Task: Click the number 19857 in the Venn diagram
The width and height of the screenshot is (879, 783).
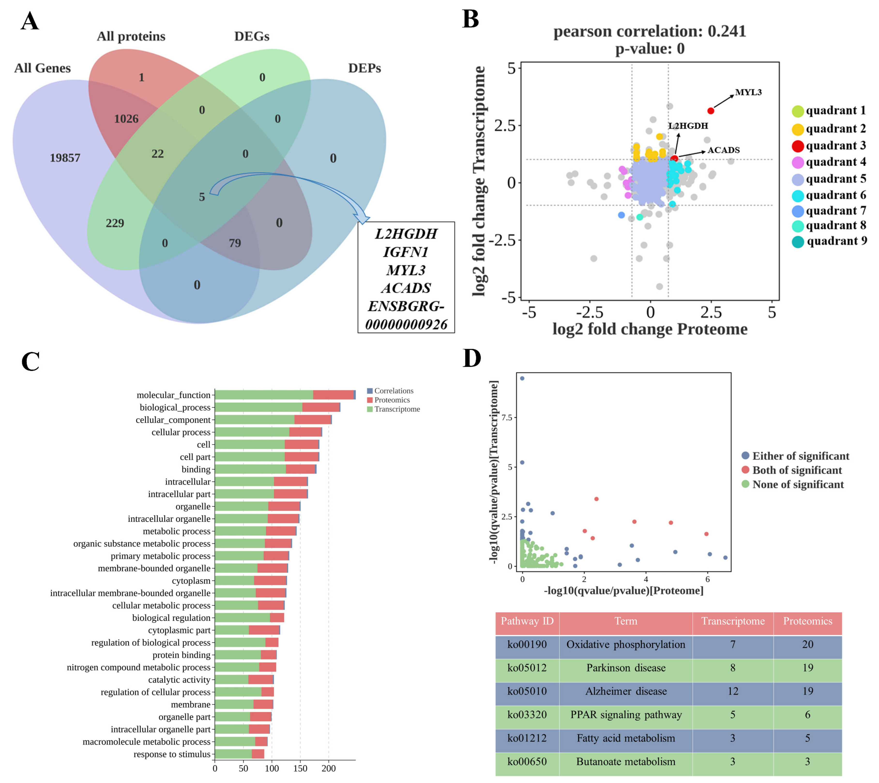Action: (x=65, y=158)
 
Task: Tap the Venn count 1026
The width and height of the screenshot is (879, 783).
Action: (x=126, y=119)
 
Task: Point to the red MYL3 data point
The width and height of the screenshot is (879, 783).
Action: (x=711, y=111)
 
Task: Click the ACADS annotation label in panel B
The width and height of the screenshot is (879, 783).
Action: (x=724, y=150)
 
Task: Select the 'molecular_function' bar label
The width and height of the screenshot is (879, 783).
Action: (x=173, y=395)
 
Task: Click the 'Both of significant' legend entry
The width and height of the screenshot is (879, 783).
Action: (x=796, y=470)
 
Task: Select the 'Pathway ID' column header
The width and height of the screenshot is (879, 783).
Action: (x=527, y=621)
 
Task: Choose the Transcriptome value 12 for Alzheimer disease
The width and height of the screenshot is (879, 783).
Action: (x=733, y=691)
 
